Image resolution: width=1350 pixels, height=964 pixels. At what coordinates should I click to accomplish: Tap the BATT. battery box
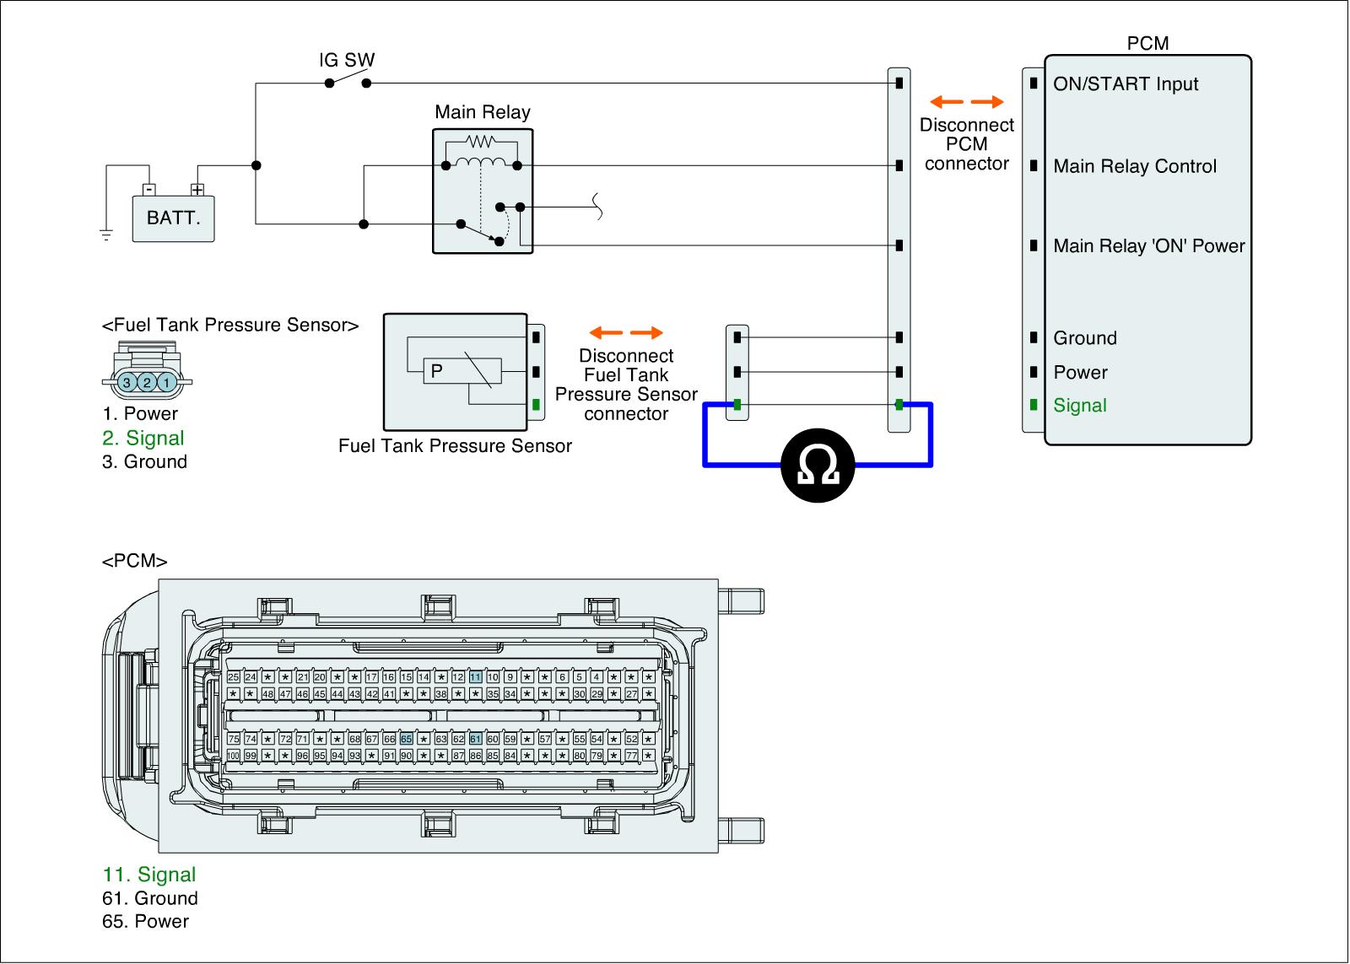pyautogui.click(x=174, y=218)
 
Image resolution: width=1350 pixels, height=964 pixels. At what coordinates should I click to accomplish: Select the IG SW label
pyautogui.click(x=347, y=61)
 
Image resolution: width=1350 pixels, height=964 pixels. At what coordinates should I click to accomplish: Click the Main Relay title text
pyautogui.click(x=483, y=112)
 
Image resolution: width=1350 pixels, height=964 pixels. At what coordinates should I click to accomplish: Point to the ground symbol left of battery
pyautogui.click(x=105, y=234)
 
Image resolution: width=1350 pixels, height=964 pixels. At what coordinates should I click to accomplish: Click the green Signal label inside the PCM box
pyautogui.click(x=1079, y=406)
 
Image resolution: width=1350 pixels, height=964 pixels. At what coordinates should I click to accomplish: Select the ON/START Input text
pyautogui.click(x=1126, y=84)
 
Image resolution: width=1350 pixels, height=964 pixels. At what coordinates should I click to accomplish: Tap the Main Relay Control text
pyautogui.click(x=1134, y=167)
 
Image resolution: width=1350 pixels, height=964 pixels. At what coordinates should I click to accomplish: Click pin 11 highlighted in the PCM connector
pyautogui.click(x=476, y=677)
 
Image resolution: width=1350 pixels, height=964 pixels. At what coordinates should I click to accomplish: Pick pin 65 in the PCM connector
pyautogui.click(x=406, y=739)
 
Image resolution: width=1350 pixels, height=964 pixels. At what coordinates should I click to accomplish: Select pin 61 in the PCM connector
pyautogui.click(x=476, y=739)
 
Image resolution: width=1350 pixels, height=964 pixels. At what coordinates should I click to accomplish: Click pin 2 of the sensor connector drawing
pyautogui.click(x=147, y=383)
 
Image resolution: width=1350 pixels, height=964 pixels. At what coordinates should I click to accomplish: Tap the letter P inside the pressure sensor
pyautogui.click(x=436, y=370)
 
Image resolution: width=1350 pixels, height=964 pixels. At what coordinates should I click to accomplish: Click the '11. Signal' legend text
pyautogui.click(x=149, y=875)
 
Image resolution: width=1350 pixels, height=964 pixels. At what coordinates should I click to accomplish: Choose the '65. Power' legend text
pyautogui.click(x=145, y=921)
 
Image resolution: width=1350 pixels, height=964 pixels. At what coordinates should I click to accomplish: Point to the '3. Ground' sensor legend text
pyautogui.click(x=144, y=461)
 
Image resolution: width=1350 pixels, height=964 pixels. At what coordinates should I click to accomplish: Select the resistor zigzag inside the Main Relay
pyautogui.click(x=481, y=141)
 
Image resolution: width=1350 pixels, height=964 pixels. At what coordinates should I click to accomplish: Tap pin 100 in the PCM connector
pyautogui.click(x=233, y=756)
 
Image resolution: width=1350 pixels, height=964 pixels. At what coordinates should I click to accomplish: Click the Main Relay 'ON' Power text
pyautogui.click(x=1148, y=246)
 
